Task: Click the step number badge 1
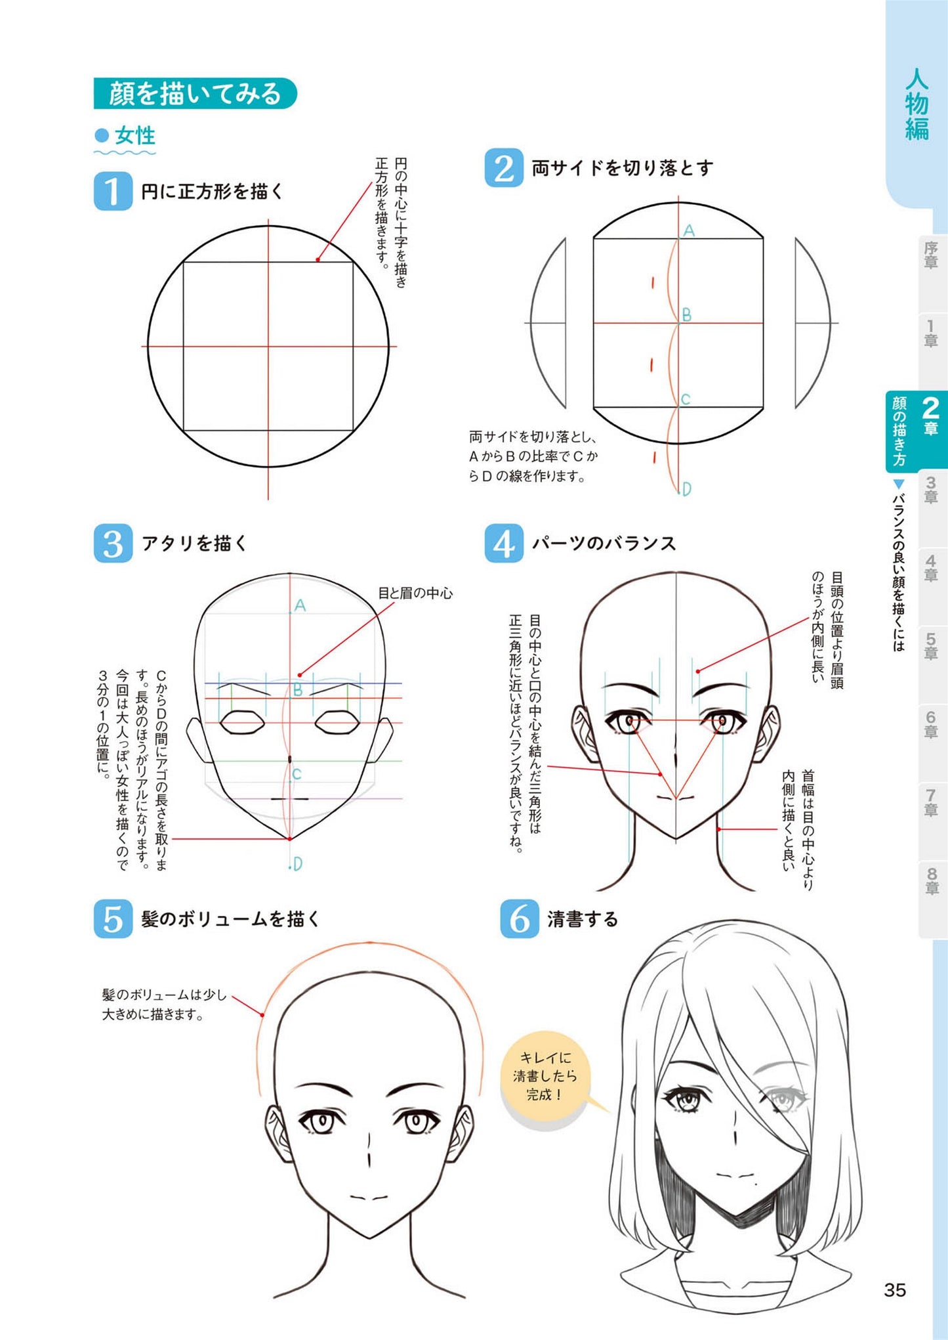[x=113, y=191]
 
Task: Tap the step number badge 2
[x=503, y=168]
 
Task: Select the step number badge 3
[x=113, y=543]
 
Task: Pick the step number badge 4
[x=503, y=543]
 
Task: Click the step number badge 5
[x=113, y=919]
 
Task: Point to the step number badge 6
[x=519, y=919]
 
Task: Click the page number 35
[x=894, y=1290]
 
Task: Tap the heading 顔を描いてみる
[x=195, y=93]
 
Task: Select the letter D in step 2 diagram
[x=686, y=489]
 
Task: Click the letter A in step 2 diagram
[x=688, y=230]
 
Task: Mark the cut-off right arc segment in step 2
[x=812, y=323]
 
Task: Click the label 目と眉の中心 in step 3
[x=415, y=593]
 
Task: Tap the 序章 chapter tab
[x=930, y=255]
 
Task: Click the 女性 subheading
[x=134, y=136]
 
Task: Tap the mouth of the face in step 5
[x=369, y=1198]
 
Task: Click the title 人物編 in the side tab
[x=917, y=105]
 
